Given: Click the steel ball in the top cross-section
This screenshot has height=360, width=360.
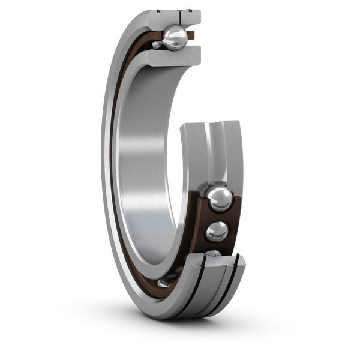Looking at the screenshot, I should [x=176, y=38].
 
